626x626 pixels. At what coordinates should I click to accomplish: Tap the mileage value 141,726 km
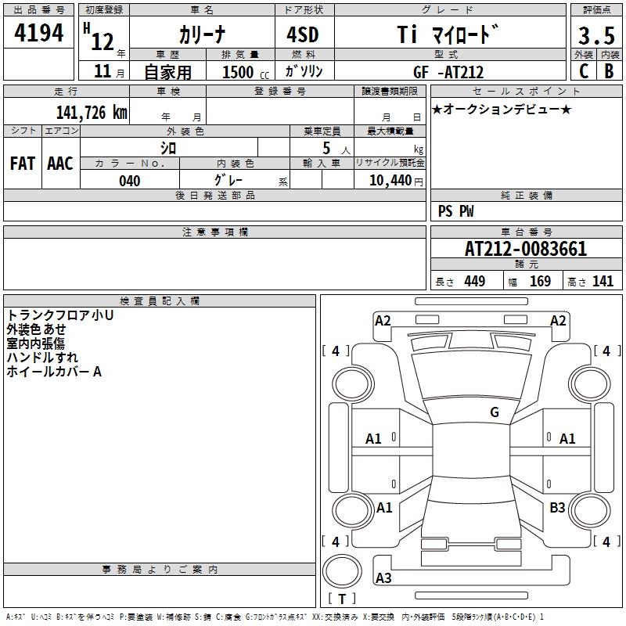tap(92, 112)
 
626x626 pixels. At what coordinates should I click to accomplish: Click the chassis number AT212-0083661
tap(526, 250)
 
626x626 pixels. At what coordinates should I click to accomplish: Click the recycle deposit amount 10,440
tap(389, 181)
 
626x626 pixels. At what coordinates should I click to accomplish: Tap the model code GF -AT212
tap(448, 72)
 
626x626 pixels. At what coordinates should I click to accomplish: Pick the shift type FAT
tap(22, 164)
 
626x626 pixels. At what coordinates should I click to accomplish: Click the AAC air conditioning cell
tap(59, 164)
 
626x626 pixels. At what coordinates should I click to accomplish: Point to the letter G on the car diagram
tap(495, 412)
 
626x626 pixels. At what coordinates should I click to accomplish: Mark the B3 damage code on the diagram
tap(557, 508)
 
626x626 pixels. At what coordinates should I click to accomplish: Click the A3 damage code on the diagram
tap(383, 578)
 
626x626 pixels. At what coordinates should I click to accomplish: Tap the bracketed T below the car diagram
tap(342, 599)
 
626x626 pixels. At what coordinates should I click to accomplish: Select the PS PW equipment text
tap(455, 211)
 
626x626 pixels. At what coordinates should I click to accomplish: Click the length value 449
tap(475, 282)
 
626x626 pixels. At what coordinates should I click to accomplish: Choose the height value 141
tap(603, 282)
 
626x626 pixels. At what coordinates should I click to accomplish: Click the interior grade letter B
tap(609, 70)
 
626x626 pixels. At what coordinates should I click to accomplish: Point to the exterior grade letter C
tap(584, 70)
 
